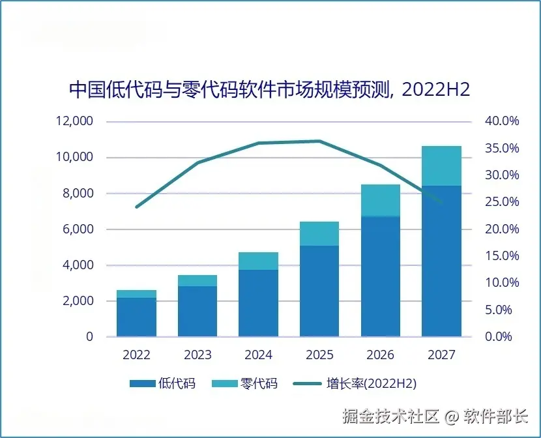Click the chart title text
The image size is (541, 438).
[270, 90]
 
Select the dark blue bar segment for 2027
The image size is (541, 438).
[441, 261]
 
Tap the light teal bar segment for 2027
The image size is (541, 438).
[441, 166]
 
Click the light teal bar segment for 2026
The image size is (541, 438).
[380, 200]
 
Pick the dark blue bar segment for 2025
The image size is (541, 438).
[319, 291]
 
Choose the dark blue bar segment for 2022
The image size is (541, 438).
[137, 317]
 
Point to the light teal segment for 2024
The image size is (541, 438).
[259, 261]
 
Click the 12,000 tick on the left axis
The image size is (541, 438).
[76, 121]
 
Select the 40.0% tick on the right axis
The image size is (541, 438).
[501, 121]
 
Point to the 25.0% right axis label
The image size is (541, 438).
[501, 202]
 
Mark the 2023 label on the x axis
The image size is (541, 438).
[197, 355]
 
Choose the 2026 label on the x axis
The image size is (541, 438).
[380, 355]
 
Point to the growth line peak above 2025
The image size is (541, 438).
[319, 141]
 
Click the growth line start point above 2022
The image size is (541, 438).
[137, 207]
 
